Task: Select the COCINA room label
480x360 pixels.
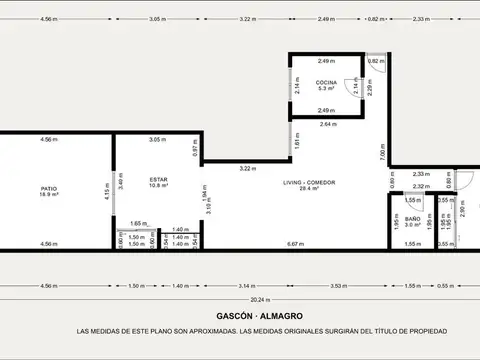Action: pos(326,81)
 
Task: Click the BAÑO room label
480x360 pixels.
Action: pos(412,218)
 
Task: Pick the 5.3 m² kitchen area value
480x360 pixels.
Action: pos(326,88)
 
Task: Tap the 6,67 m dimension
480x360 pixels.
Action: pos(295,244)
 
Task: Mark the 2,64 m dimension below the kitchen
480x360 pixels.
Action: pos(329,124)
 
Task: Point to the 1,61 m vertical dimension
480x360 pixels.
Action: pos(296,145)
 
